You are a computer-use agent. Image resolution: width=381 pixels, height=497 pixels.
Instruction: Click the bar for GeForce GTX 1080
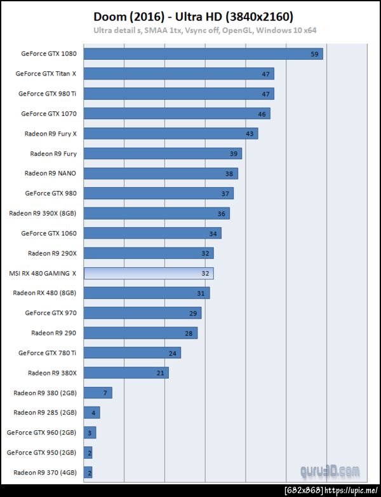click(x=203, y=53)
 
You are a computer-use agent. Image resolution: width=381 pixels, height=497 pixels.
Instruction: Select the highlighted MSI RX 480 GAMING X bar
click(x=149, y=273)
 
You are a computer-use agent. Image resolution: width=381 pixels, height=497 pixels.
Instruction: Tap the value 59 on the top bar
click(x=314, y=53)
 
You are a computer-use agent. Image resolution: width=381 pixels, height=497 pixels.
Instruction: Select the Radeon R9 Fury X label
click(x=50, y=134)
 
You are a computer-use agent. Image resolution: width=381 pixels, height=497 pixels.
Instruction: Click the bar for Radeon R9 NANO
click(x=161, y=173)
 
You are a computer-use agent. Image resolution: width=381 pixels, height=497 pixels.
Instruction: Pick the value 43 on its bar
click(x=250, y=134)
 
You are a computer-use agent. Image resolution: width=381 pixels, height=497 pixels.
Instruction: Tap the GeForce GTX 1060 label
click(x=48, y=233)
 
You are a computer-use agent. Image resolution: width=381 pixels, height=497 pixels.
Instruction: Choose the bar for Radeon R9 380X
click(x=126, y=372)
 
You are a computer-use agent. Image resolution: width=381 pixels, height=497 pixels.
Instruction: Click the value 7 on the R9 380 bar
click(x=105, y=393)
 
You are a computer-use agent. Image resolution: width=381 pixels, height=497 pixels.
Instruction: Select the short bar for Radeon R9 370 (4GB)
click(x=88, y=472)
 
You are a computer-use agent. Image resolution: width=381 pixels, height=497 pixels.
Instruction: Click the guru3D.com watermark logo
click(x=330, y=472)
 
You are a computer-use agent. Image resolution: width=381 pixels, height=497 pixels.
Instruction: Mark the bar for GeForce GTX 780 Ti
click(x=132, y=353)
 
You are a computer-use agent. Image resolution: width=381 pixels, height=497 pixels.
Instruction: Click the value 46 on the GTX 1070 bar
click(x=262, y=113)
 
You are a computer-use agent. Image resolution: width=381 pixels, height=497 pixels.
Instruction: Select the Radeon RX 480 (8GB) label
click(x=44, y=293)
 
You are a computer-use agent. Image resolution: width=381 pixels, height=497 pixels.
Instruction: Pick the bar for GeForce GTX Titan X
click(x=178, y=73)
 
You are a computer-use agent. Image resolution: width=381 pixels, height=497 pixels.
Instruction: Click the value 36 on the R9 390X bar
click(x=222, y=213)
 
